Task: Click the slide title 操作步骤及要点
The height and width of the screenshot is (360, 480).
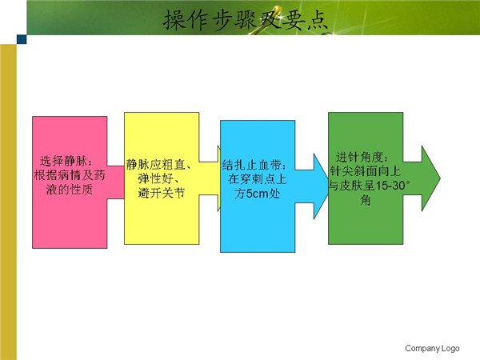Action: click(x=246, y=20)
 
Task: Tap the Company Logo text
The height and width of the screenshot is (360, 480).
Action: click(x=432, y=348)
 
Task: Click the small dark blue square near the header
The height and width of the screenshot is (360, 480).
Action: click(x=22, y=39)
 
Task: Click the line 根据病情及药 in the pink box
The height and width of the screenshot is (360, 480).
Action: click(x=70, y=175)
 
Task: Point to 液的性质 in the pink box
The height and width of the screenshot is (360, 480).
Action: click(x=70, y=190)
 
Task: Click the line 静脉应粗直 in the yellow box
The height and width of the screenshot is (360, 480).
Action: click(x=155, y=164)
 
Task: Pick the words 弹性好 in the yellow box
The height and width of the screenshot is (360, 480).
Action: click(x=155, y=178)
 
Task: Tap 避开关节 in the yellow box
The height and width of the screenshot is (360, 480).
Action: click(x=162, y=193)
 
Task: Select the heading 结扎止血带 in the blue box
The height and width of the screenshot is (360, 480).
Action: click(x=251, y=165)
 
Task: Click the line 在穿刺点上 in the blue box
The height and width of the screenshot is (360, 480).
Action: click(x=257, y=179)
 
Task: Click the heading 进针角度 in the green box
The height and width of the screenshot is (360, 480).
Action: click(x=359, y=157)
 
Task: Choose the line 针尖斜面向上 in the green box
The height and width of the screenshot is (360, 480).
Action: click(x=366, y=171)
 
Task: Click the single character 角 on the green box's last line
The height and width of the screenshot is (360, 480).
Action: click(x=366, y=201)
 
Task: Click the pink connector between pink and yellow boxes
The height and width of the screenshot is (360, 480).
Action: click(x=116, y=182)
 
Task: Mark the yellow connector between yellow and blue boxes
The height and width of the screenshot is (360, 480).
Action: click(x=210, y=178)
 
